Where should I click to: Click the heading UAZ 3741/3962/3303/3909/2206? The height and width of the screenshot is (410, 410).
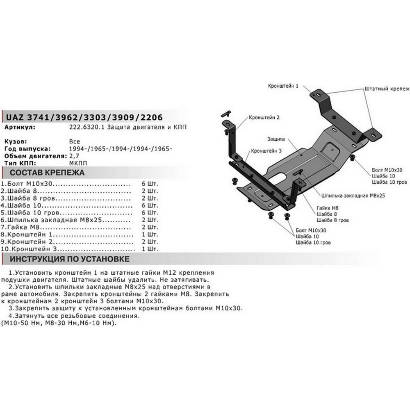(84, 117)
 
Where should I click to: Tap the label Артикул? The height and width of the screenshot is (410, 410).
(20, 128)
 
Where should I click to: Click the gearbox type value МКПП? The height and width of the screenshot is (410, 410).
(78, 163)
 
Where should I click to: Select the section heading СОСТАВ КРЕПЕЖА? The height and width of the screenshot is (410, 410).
(47, 173)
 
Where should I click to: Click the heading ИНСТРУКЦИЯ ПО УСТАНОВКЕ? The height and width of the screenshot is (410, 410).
(70, 259)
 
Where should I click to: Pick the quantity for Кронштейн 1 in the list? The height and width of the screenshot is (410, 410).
(150, 235)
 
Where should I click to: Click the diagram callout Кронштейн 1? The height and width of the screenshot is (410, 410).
(283, 86)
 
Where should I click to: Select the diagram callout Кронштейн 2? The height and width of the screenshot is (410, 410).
(264, 118)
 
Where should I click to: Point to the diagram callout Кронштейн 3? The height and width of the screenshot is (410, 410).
(266, 151)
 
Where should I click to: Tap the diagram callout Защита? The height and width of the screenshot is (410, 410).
(276, 139)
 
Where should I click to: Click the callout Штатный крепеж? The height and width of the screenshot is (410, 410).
(387, 89)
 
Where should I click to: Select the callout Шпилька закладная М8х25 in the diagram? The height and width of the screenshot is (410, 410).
(353, 196)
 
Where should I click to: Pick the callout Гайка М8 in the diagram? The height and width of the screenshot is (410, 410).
(327, 208)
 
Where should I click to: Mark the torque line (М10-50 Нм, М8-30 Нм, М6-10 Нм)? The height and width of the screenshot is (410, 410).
(59, 323)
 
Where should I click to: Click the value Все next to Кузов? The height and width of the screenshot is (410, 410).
(75, 142)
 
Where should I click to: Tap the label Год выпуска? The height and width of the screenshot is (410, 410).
(27, 149)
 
